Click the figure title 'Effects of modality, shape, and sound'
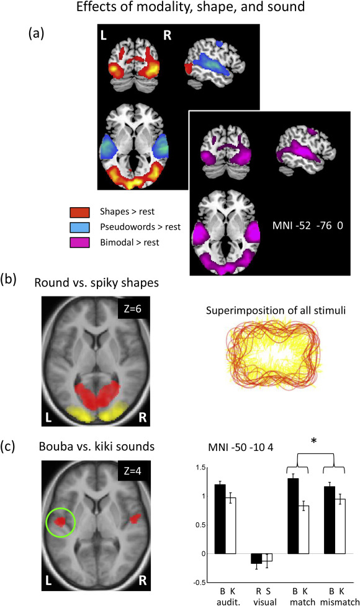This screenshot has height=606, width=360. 191,7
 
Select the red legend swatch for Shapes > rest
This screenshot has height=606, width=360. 79,212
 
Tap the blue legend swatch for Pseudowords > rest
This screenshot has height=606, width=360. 79,227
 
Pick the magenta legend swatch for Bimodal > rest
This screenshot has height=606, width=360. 79,243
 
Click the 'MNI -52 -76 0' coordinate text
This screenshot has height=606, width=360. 307,225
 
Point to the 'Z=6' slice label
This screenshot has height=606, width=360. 132,309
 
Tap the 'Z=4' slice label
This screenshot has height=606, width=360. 132,471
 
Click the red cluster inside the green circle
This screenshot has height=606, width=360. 60,522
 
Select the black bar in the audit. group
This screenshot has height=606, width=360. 220,519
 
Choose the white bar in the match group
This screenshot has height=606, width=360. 304,530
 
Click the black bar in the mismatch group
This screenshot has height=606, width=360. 330,520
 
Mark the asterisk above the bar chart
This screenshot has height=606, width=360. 313,441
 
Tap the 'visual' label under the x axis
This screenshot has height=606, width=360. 265,602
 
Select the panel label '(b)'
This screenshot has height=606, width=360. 9,278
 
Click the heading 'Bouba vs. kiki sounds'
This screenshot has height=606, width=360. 97,447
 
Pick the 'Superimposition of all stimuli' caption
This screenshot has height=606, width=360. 276,310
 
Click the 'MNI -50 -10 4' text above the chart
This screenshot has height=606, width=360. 240,447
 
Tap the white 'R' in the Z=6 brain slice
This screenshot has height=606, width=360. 143,417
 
